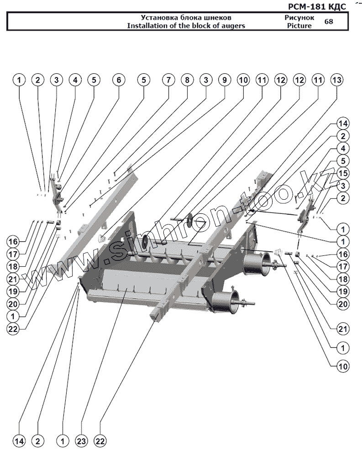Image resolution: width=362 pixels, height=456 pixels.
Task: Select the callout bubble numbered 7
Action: point(168,80)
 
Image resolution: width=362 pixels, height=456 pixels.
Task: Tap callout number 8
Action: point(187,80)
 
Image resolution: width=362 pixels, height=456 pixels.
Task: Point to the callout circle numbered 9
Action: point(224,80)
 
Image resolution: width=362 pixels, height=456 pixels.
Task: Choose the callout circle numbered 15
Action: point(343,173)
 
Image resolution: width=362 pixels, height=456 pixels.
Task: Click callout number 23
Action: point(81,441)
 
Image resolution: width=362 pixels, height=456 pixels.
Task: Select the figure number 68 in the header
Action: point(328,21)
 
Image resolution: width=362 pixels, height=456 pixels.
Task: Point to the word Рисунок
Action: point(299,17)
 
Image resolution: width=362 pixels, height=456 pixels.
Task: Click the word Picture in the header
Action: point(299,26)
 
